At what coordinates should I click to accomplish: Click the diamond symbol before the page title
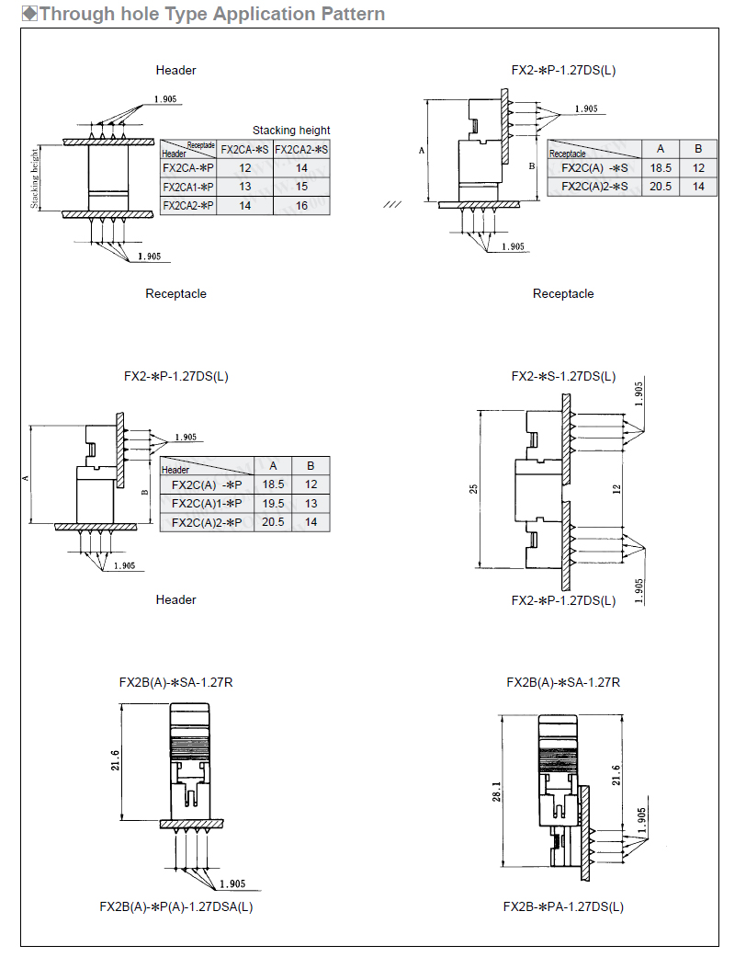(29, 14)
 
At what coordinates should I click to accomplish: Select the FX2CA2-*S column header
(301, 150)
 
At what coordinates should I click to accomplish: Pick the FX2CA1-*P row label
(187, 187)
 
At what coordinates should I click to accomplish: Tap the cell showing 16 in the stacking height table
(301, 206)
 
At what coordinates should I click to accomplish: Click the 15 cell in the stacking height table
(301, 187)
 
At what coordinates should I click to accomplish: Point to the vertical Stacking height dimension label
(35, 177)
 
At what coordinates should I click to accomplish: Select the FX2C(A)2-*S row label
(594, 187)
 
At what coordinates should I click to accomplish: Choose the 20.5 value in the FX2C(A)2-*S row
(661, 187)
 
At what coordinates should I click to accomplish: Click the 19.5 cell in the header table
(273, 504)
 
